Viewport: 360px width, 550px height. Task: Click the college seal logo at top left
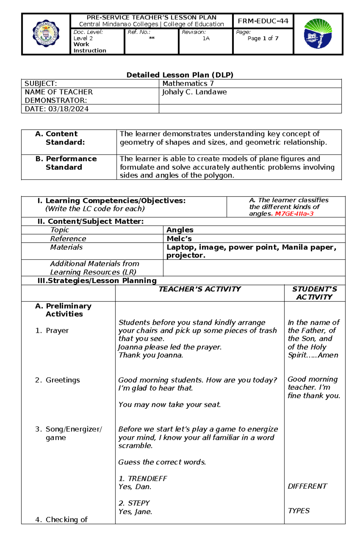point(46,34)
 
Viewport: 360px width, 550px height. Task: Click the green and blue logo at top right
point(318,34)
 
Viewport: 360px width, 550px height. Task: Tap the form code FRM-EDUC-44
point(263,21)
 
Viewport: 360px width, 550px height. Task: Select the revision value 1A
point(206,38)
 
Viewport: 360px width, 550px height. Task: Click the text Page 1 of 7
point(263,38)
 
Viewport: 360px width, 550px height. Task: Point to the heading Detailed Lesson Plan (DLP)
point(180,75)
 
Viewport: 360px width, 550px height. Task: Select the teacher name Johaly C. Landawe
point(194,92)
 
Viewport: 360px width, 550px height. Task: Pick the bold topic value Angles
point(180,230)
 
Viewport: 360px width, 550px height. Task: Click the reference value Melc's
point(179,239)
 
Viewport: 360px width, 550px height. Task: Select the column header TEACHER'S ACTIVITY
point(199,289)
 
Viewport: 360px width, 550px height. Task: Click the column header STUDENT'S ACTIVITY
point(314,293)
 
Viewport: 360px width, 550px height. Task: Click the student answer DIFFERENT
point(307,486)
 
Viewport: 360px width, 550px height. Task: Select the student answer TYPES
point(298,511)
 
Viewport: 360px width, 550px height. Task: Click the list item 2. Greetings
point(58,380)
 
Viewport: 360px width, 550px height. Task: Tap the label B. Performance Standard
point(66,163)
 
